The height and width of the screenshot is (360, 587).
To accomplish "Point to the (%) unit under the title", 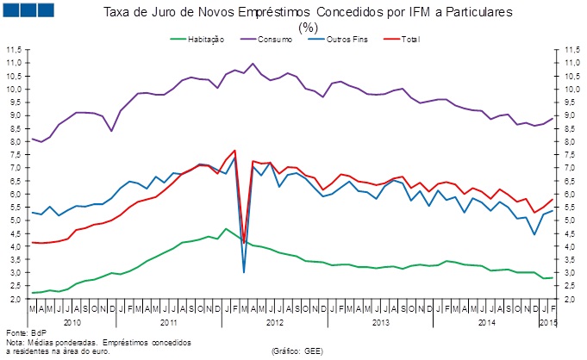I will (308, 28).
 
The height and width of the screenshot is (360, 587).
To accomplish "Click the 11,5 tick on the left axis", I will (14, 50).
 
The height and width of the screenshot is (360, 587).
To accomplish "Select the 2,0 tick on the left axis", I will (14, 299).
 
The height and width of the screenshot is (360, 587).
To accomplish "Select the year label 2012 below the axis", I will (275, 322).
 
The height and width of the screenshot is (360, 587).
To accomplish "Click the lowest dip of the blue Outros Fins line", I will (244, 272).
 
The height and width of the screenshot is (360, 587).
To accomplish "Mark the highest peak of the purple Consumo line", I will (253, 63).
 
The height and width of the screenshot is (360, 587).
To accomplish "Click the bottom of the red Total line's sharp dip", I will (244, 242).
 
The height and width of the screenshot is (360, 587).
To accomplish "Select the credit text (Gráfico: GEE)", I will (297, 351).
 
